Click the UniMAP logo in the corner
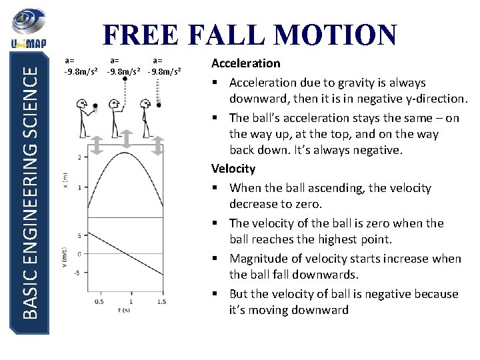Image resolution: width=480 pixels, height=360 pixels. coord(26,31)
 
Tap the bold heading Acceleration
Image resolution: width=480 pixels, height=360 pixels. coord(245,63)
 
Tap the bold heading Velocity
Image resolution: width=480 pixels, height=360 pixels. coord(233,169)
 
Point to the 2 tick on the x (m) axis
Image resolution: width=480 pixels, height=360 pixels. coord(79,157)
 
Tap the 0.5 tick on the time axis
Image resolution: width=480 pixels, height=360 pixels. coord(99,302)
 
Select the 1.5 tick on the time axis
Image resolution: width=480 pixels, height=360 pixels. coord(161,302)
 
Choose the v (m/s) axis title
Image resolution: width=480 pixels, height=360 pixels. coord(65,255)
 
